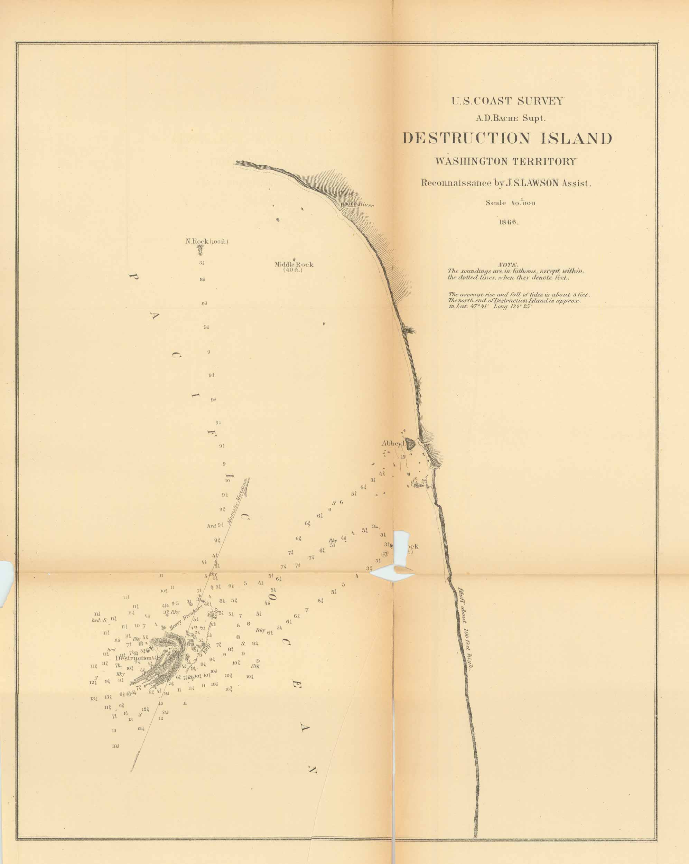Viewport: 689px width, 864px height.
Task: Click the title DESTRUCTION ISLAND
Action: [x=507, y=139]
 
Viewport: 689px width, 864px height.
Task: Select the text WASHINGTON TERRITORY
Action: [x=506, y=161]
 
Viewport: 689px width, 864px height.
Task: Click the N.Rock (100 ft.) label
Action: [x=207, y=242]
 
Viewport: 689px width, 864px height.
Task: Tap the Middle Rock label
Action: [x=294, y=265]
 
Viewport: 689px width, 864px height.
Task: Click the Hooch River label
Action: [x=357, y=205]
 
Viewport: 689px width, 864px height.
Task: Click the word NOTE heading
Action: [x=508, y=265]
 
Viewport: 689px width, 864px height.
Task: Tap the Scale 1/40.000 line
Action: [x=510, y=203]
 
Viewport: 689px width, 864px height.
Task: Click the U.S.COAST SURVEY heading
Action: [x=508, y=101]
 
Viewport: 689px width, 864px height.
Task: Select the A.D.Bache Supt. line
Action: [x=508, y=119]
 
